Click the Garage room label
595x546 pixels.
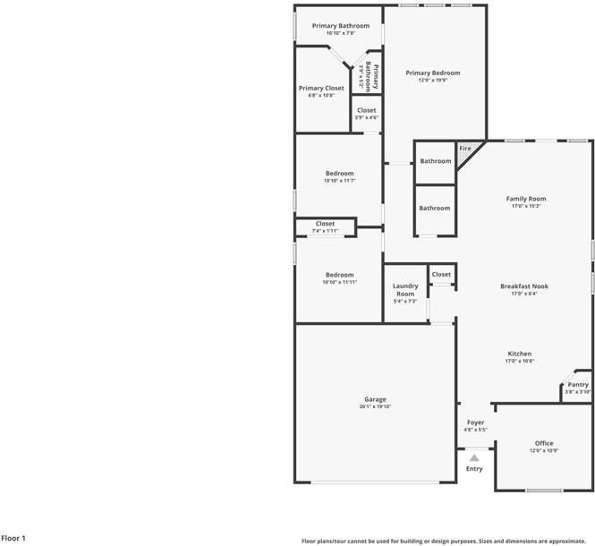point(375,399)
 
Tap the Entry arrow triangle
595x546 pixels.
point(474,457)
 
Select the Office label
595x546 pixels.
point(544,443)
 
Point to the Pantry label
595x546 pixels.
point(578,384)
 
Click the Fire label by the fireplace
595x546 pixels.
point(465,148)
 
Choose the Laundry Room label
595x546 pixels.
point(405,290)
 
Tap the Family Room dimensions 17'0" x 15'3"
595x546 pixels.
point(526,206)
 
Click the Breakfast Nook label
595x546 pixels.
point(524,286)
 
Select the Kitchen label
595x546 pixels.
point(520,354)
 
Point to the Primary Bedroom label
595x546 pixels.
point(433,73)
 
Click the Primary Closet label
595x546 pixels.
point(321,88)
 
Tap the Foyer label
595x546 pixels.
point(475,422)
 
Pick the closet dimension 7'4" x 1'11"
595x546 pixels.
point(325,231)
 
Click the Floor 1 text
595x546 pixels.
point(14,538)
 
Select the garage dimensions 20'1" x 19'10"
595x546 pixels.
point(375,406)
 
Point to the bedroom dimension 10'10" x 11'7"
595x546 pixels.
point(340,181)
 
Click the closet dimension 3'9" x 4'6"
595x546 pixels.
point(367,117)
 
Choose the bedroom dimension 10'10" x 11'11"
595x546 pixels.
point(340,282)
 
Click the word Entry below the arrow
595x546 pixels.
point(474,469)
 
